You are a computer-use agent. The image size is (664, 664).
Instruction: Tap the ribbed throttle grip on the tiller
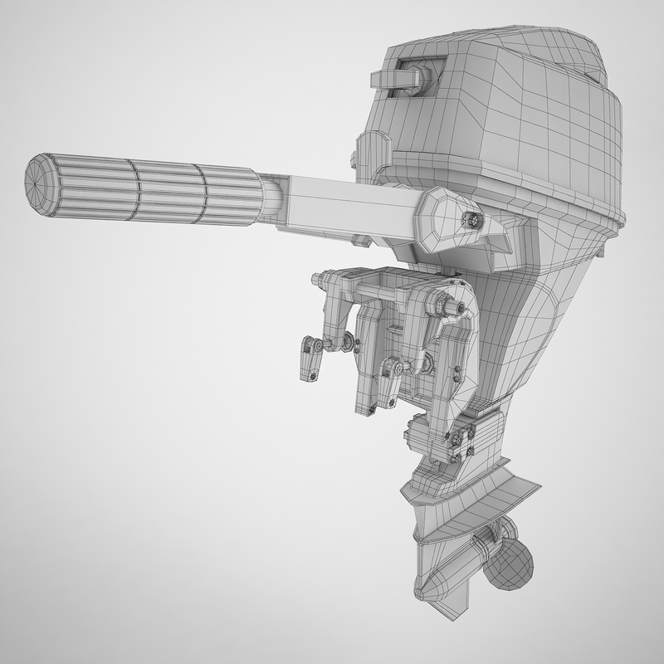point(158,190)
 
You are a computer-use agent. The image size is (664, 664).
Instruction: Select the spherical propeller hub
point(507,565)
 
